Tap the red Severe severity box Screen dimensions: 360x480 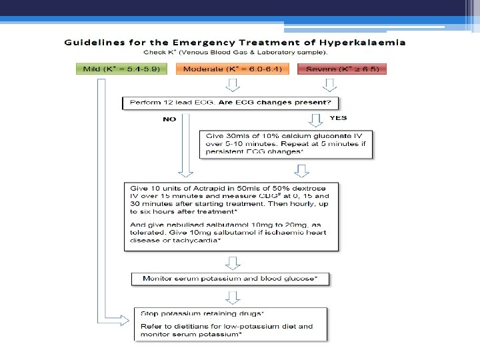pyautogui.click(x=343, y=69)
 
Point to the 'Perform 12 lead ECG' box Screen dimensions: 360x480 pyautogui.click(x=231, y=103)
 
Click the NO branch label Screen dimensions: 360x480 pyautogui.click(x=169, y=120)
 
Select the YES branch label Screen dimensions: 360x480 pyautogui.click(x=339, y=117)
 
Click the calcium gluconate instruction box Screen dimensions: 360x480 pyautogui.click(x=287, y=143)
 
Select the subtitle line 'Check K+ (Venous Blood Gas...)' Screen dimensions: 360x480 pyautogui.click(x=237, y=52)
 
